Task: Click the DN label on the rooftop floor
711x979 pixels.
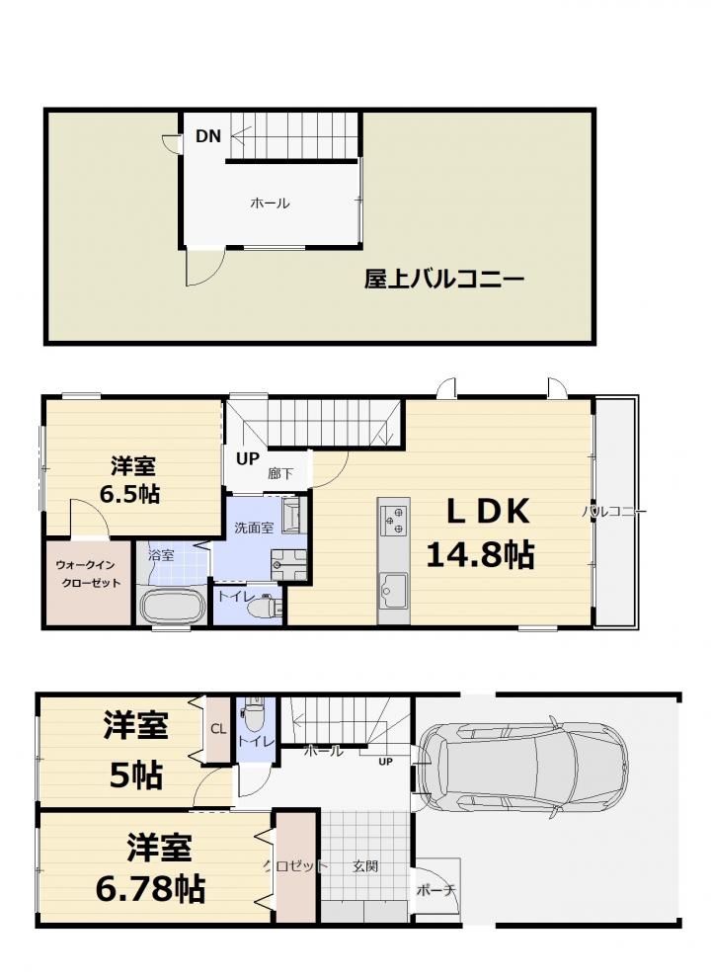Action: coord(208,136)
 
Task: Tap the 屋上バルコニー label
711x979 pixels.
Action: coord(443,280)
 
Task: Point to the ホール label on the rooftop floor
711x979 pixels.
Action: coord(270,203)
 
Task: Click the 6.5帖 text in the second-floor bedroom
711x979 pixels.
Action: coord(129,494)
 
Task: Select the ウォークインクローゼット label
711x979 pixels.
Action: coord(88,574)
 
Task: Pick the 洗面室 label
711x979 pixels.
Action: coord(254,528)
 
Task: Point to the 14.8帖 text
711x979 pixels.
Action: coord(480,554)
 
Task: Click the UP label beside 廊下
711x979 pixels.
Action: coord(247,459)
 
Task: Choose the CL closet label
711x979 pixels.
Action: coord(218,729)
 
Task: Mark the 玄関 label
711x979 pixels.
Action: coord(365,866)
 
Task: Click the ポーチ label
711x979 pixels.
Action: coord(435,890)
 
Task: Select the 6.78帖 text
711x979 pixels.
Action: coord(150,888)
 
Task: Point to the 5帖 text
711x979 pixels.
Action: coord(136,775)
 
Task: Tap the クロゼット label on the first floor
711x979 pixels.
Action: coord(294,866)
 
